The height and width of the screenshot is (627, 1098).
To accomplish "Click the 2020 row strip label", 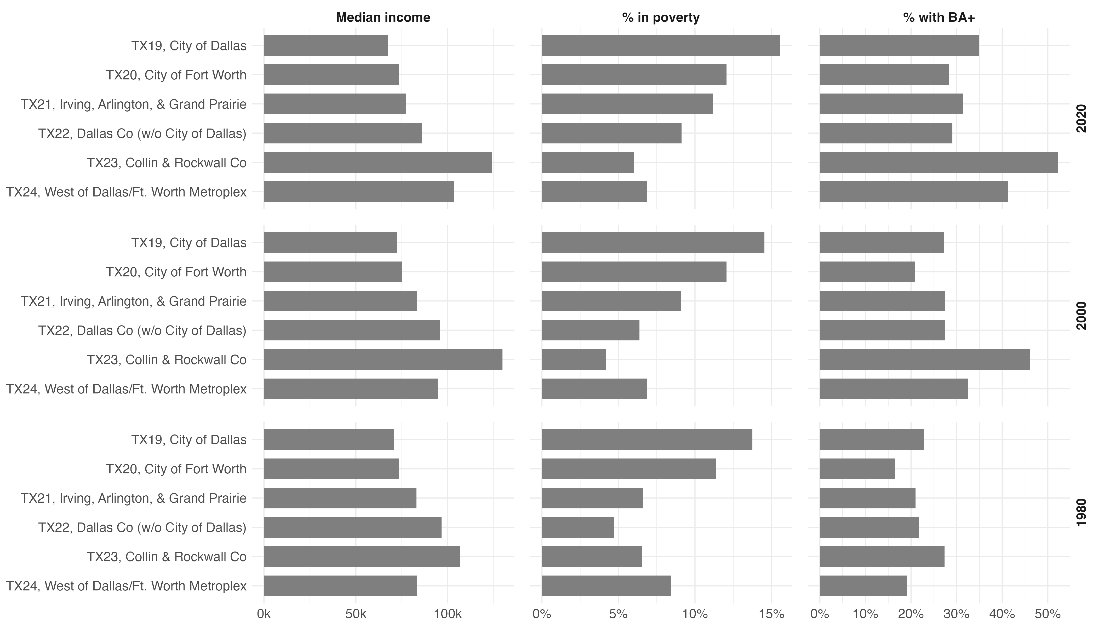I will click(x=1082, y=118).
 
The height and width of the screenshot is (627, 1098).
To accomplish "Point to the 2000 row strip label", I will click(x=1082, y=315).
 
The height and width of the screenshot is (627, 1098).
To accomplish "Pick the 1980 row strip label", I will click(x=1082, y=513).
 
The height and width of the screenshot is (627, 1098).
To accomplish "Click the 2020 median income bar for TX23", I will click(x=378, y=162).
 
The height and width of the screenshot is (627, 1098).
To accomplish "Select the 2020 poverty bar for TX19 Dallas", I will click(x=661, y=45).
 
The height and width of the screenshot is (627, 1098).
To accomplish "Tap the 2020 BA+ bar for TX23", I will click(x=939, y=162).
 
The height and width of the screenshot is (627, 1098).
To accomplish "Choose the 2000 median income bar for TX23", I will click(x=383, y=359).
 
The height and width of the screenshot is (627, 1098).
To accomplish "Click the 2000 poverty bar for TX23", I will click(x=574, y=359).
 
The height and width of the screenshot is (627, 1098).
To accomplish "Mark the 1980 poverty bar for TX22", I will click(x=577, y=527).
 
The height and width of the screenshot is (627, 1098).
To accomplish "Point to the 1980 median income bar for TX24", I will click(x=340, y=586).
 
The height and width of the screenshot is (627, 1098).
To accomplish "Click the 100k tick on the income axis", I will click(x=448, y=614).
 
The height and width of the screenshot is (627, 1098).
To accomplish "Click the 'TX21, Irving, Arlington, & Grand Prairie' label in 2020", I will click(x=134, y=104).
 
